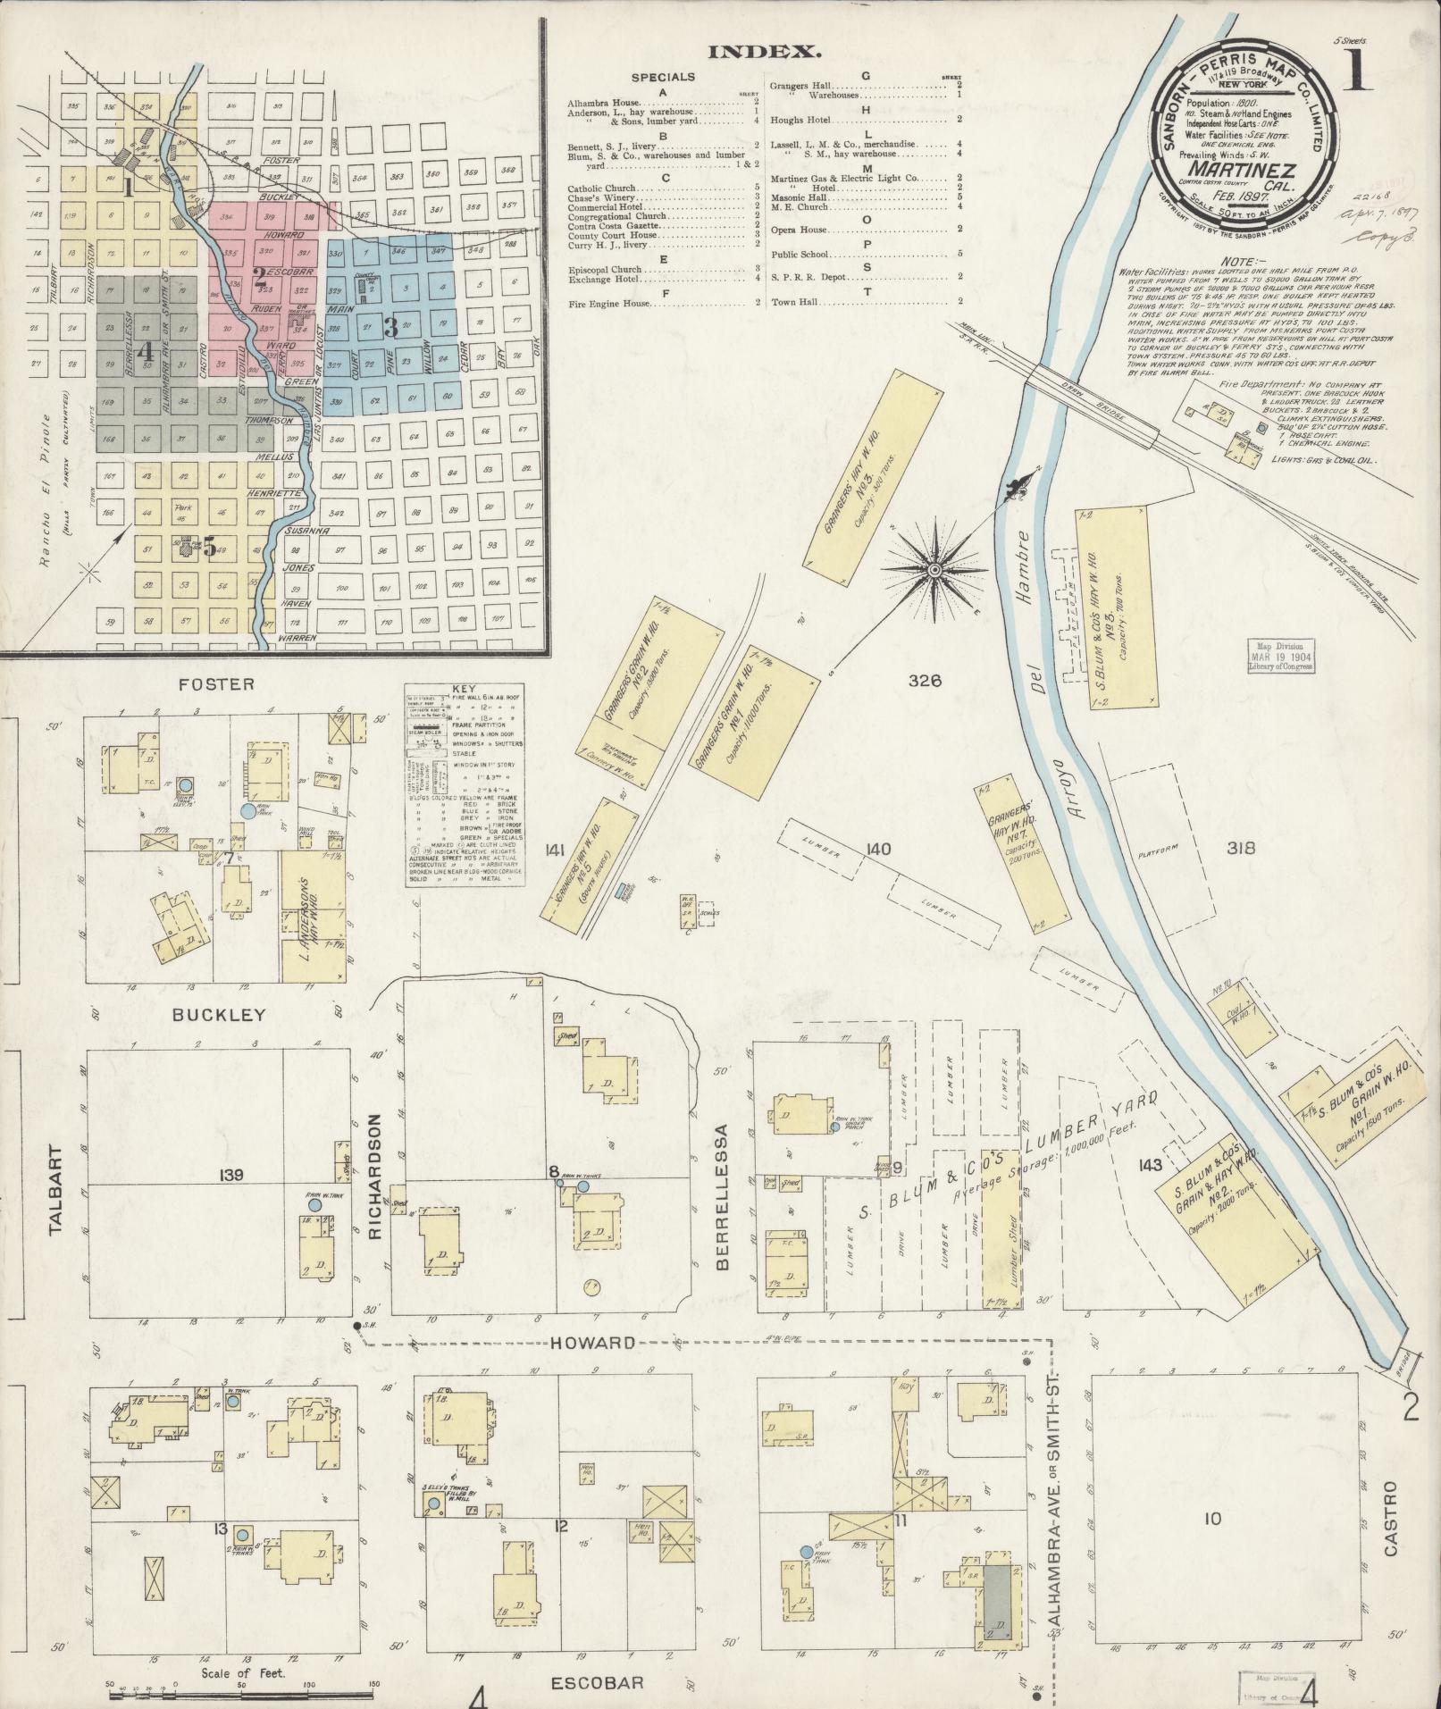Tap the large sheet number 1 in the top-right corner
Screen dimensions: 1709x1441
click(x=1356, y=70)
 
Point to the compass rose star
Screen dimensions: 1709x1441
click(x=934, y=569)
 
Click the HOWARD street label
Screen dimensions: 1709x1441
click(x=593, y=1342)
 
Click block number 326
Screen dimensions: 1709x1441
click(x=926, y=681)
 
